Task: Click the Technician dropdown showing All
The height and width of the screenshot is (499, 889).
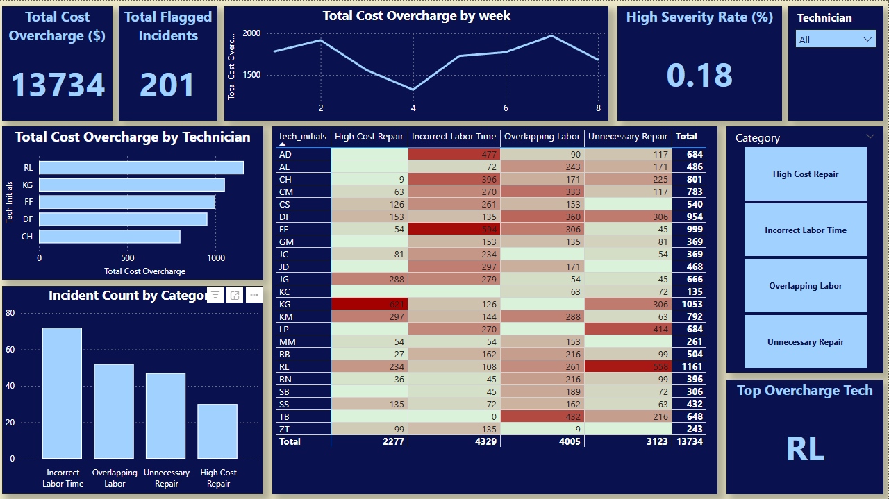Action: click(x=835, y=40)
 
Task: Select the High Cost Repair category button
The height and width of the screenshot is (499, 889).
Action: click(x=805, y=174)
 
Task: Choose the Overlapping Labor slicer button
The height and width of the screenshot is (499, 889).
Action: click(x=805, y=286)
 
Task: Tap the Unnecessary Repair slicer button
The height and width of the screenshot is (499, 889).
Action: click(x=805, y=342)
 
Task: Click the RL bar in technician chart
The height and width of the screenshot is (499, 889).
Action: click(x=141, y=167)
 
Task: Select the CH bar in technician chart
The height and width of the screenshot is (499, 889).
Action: click(x=110, y=237)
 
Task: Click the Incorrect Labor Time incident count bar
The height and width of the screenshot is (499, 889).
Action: click(x=62, y=393)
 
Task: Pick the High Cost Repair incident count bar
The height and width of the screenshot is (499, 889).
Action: click(x=218, y=431)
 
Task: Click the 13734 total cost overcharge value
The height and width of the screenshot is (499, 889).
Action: click(x=58, y=85)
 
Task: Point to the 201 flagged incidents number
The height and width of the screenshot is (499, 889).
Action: click(x=167, y=85)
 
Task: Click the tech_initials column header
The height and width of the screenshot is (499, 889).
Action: click(x=302, y=137)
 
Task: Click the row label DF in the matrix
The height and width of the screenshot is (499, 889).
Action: click(x=285, y=217)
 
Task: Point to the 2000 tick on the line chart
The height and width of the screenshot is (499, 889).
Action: click(x=251, y=33)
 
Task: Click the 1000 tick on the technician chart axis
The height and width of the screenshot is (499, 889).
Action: click(x=216, y=258)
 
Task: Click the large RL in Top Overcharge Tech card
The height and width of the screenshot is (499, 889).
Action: click(x=805, y=449)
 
